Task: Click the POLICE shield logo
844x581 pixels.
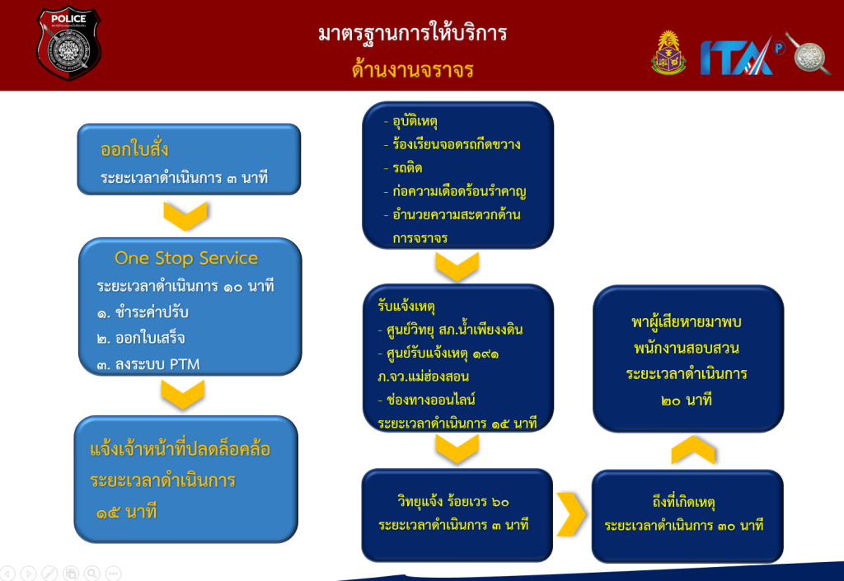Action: [68, 43]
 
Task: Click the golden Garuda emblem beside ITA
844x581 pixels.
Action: [668, 53]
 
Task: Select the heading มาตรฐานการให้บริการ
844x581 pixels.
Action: [412, 33]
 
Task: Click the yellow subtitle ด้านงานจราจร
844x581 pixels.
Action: [412, 70]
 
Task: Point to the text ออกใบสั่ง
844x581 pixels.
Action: [134, 149]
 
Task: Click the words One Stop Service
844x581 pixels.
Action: [186, 258]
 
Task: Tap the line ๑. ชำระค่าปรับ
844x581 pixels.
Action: [143, 312]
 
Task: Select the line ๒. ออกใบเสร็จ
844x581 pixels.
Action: [141, 338]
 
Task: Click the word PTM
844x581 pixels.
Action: [185, 365]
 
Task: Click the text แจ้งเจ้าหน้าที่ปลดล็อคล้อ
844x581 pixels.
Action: [181, 449]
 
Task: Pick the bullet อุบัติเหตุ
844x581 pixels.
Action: [415, 122]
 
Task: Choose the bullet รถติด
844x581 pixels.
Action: [407, 168]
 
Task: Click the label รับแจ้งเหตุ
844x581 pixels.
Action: [406, 306]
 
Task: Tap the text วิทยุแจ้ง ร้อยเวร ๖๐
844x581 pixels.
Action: [453, 501]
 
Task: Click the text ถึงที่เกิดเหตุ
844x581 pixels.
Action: [683, 503]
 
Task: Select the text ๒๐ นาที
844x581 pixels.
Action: [687, 401]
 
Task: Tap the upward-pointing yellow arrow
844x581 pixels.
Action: [693, 450]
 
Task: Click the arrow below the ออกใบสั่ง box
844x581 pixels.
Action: [185, 216]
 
